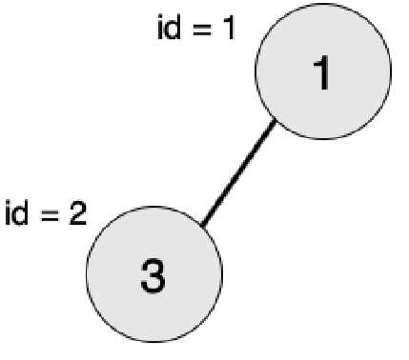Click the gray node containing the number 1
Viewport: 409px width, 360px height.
pyautogui.click(x=323, y=71)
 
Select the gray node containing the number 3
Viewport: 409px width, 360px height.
pyautogui.click(x=154, y=274)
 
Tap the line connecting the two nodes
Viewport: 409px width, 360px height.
pyautogui.click(x=238, y=172)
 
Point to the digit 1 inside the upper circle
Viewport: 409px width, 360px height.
pyautogui.click(x=322, y=72)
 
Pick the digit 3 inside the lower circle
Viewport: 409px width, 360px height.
pyautogui.click(x=153, y=275)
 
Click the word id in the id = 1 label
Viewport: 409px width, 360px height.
pyautogui.click(x=169, y=28)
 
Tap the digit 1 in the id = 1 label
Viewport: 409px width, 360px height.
pyautogui.click(x=229, y=28)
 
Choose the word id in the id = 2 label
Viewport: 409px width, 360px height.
pyautogui.click(x=16, y=212)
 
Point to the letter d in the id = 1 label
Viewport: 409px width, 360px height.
pyautogui.click(x=173, y=28)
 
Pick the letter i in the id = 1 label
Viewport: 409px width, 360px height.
pyautogui.click(x=160, y=28)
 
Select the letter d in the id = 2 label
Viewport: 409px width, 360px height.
pyautogui.click(x=20, y=212)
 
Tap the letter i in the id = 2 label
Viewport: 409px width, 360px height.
pyautogui.click(x=8, y=213)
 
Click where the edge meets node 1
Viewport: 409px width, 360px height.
pyautogui.click(x=276, y=120)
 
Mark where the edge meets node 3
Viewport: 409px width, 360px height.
pyautogui.click(x=202, y=226)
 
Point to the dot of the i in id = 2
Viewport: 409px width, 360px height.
pyautogui.click(x=8, y=203)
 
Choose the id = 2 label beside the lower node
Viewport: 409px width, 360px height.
pyautogui.click(x=46, y=212)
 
